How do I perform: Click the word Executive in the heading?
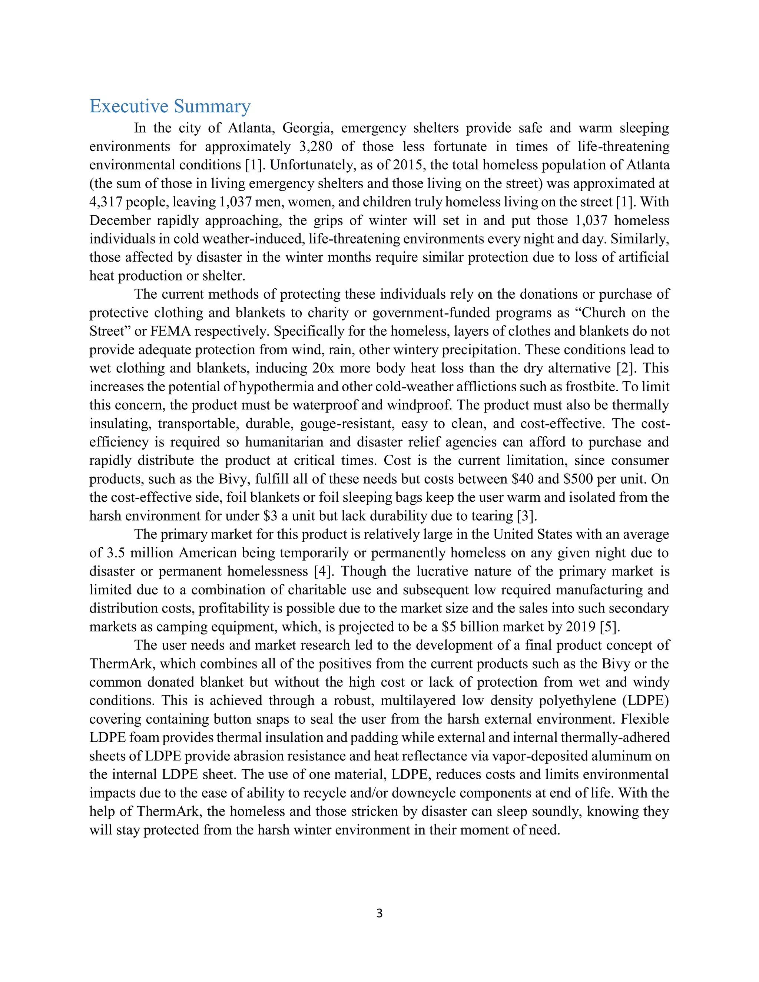129,107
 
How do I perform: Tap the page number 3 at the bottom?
379,913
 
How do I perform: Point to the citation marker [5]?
610,626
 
